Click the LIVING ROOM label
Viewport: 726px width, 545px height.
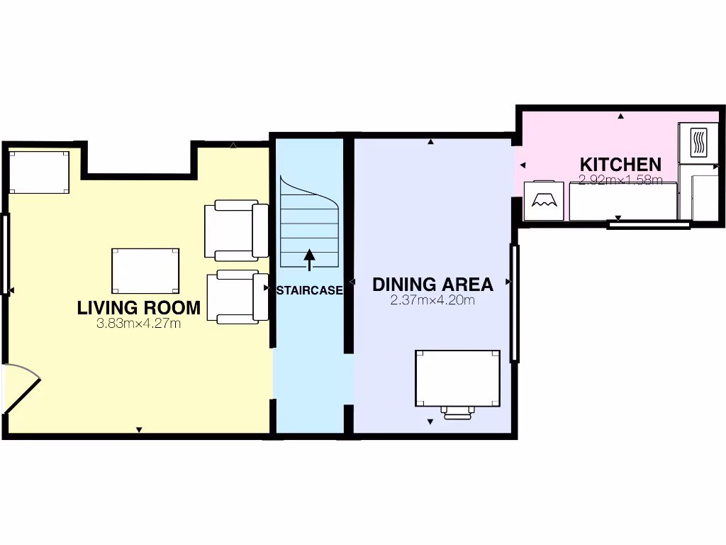pyautogui.click(x=138, y=308)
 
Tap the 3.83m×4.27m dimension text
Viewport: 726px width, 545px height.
pyautogui.click(x=138, y=324)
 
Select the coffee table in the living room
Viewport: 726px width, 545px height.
pyautogui.click(x=145, y=270)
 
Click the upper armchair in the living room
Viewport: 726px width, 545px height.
pyautogui.click(x=235, y=230)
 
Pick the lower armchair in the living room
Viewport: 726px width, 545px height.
pyautogui.click(x=237, y=298)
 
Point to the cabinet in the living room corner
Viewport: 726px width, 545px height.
pyautogui.click(x=39, y=172)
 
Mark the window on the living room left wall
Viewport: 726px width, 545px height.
pyautogui.click(x=6, y=254)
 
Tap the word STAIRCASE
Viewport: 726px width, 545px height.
pyautogui.click(x=310, y=290)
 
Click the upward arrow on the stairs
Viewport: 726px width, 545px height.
pyautogui.click(x=309, y=259)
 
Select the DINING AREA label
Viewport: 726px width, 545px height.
pyautogui.click(x=432, y=285)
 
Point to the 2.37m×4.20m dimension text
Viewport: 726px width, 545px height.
pyautogui.click(x=432, y=300)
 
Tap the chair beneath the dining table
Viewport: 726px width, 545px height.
pyautogui.click(x=459, y=412)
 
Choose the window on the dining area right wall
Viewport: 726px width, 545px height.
pyautogui.click(x=515, y=302)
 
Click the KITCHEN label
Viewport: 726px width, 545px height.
pyautogui.click(x=620, y=165)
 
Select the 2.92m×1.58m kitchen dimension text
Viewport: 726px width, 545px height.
pyautogui.click(x=620, y=180)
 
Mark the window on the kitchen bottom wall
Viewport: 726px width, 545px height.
pyautogui.click(x=649, y=225)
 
